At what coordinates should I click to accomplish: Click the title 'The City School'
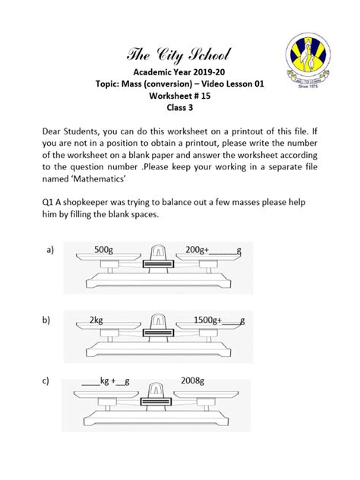[180, 55]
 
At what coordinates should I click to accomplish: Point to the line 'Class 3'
[180, 108]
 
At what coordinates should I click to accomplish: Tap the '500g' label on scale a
[104, 248]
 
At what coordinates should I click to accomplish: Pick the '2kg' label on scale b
[96, 320]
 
